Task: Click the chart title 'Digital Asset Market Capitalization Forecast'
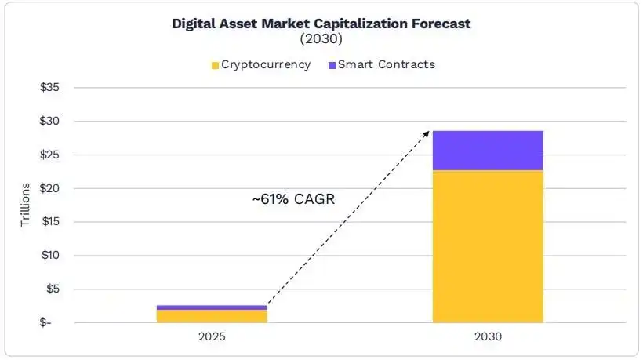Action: pyautogui.click(x=321, y=24)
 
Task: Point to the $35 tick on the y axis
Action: pyautogui.click(x=49, y=88)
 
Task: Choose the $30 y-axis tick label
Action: pyautogui.click(x=49, y=122)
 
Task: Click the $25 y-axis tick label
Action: pyautogui.click(x=49, y=155)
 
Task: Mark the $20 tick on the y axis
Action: pyautogui.click(x=49, y=188)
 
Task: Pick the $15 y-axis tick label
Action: pyautogui.click(x=49, y=222)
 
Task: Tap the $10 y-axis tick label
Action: pyautogui.click(x=49, y=256)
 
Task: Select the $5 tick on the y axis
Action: pyautogui.click(x=52, y=289)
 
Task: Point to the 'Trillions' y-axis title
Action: pyautogui.click(x=25, y=205)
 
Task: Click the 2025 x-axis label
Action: pyautogui.click(x=212, y=337)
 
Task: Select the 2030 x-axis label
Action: pyautogui.click(x=488, y=337)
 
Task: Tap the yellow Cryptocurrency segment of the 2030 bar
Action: pyautogui.click(x=488, y=247)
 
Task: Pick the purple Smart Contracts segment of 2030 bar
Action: pyautogui.click(x=488, y=151)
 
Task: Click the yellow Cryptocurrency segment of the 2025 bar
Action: pyautogui.click(x=212, y=316)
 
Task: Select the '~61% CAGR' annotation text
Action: pyautogui.click(x=293, y=199)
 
